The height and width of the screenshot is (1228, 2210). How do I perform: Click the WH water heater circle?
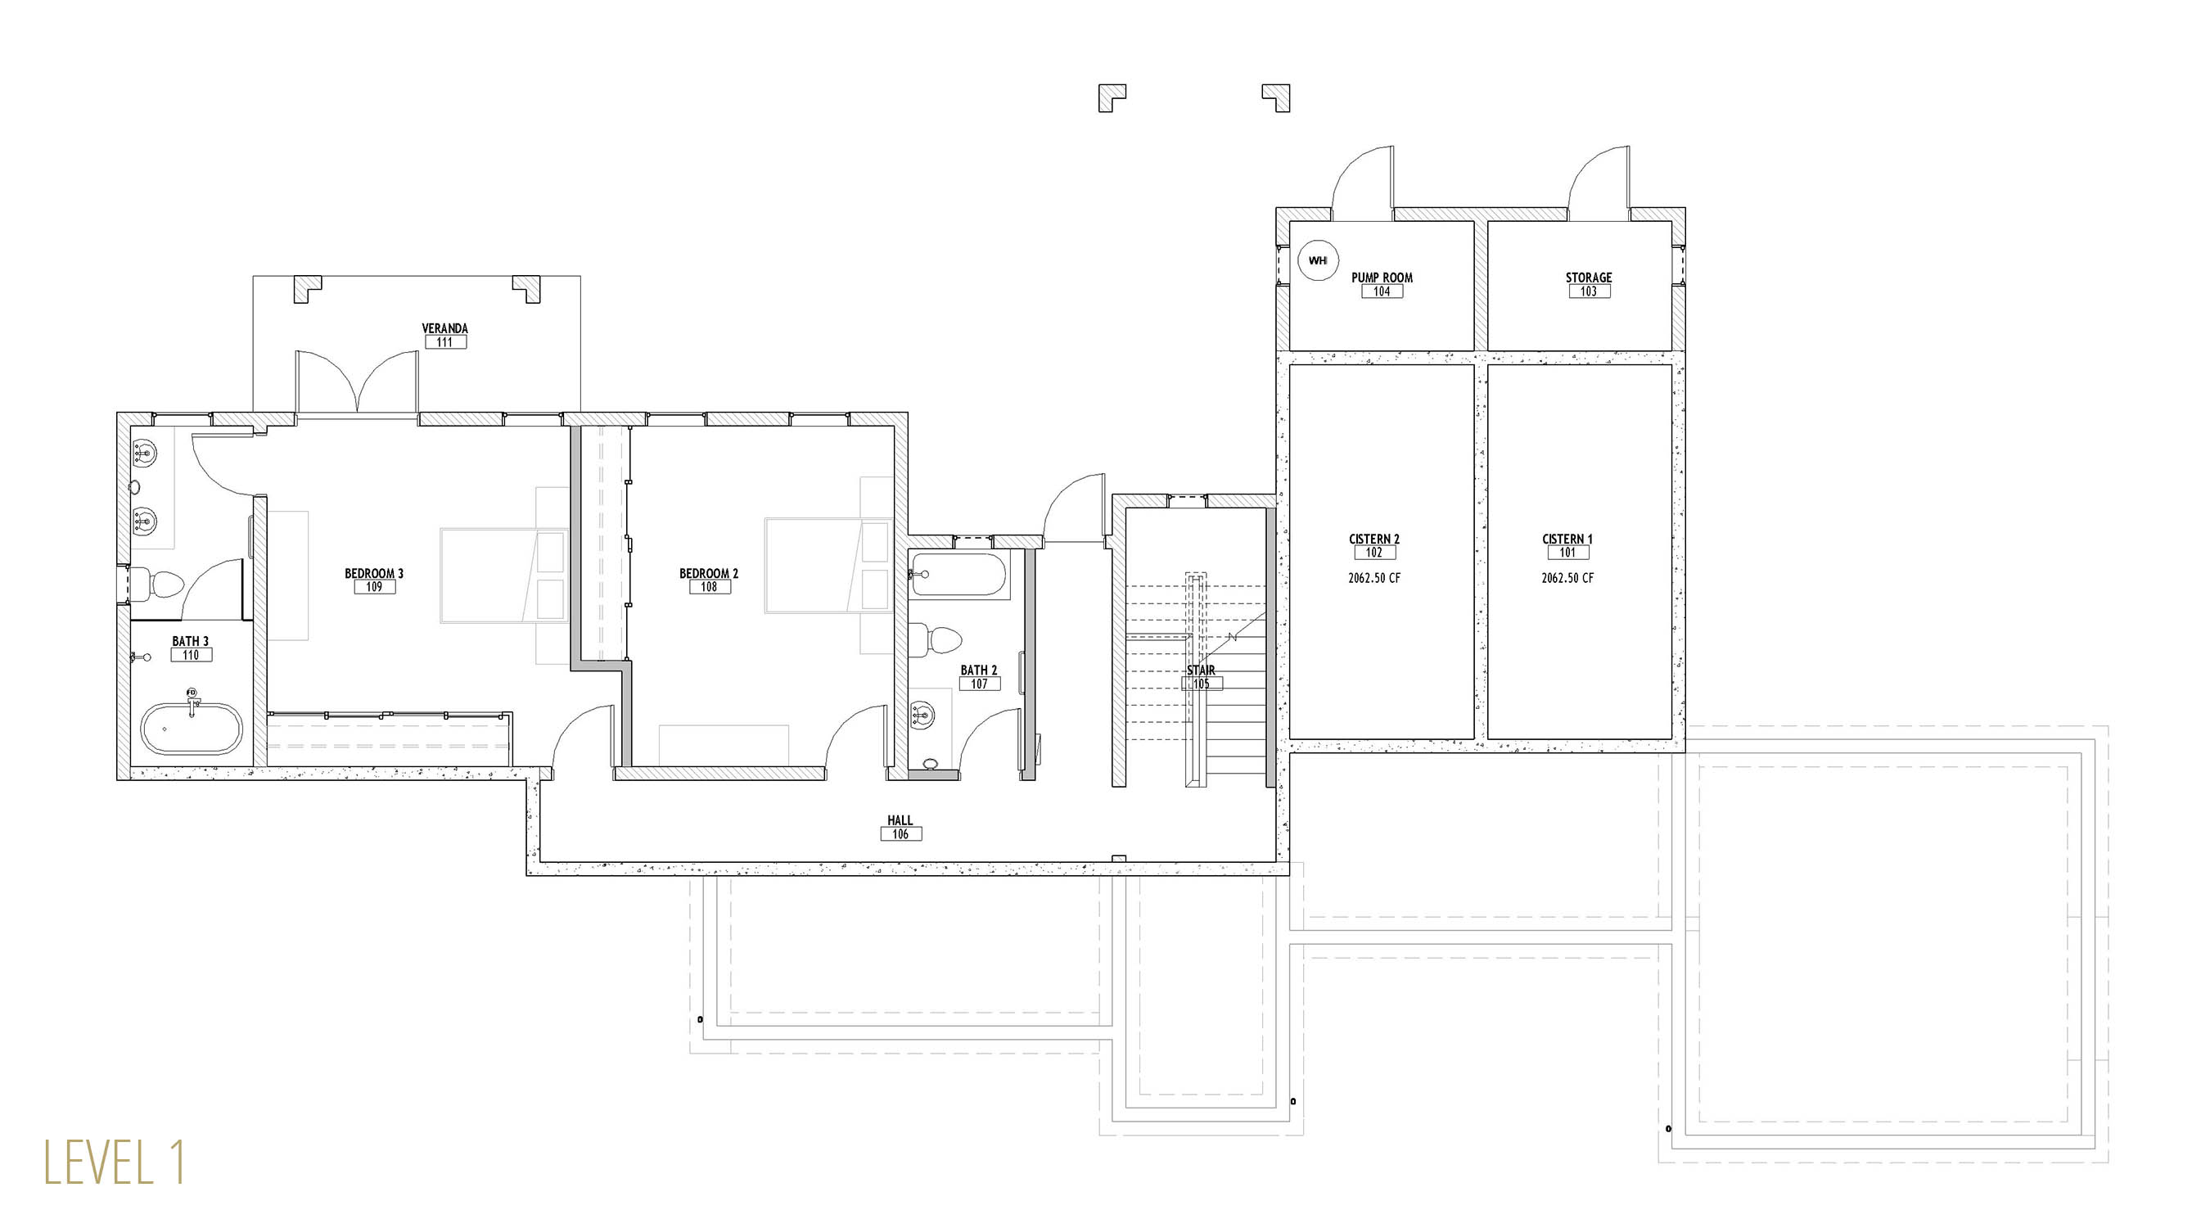click(x=1318, y=260)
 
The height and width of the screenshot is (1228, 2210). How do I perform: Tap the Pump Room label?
click(x=1382, y=278)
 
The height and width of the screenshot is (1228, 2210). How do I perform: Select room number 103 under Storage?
click(x=1588, y=291)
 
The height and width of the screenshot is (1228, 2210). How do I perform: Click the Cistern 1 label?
click(x=1567, y=539)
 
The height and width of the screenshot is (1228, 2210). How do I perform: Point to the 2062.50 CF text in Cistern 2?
click(x=1373, y=578)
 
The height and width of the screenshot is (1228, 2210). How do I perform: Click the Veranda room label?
click(x=444, y=327)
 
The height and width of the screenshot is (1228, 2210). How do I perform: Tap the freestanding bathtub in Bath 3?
click(x=192, y=729)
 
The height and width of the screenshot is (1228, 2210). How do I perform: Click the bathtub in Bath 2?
click(x=958, y=574)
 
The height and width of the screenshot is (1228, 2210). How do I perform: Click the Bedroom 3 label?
click(x=373, y=573)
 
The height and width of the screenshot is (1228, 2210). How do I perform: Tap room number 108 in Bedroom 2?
click(x=709, y=587)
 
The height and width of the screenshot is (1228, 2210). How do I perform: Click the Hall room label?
click(x=900, y=820)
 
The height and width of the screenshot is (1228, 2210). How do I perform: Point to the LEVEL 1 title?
click(x=114, y=1163)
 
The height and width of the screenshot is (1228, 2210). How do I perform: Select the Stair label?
click(x=1201, y=670)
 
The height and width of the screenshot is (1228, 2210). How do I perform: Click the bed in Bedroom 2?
click(x=828, y=566)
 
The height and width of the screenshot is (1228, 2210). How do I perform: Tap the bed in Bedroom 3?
click(x=504, y=575)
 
